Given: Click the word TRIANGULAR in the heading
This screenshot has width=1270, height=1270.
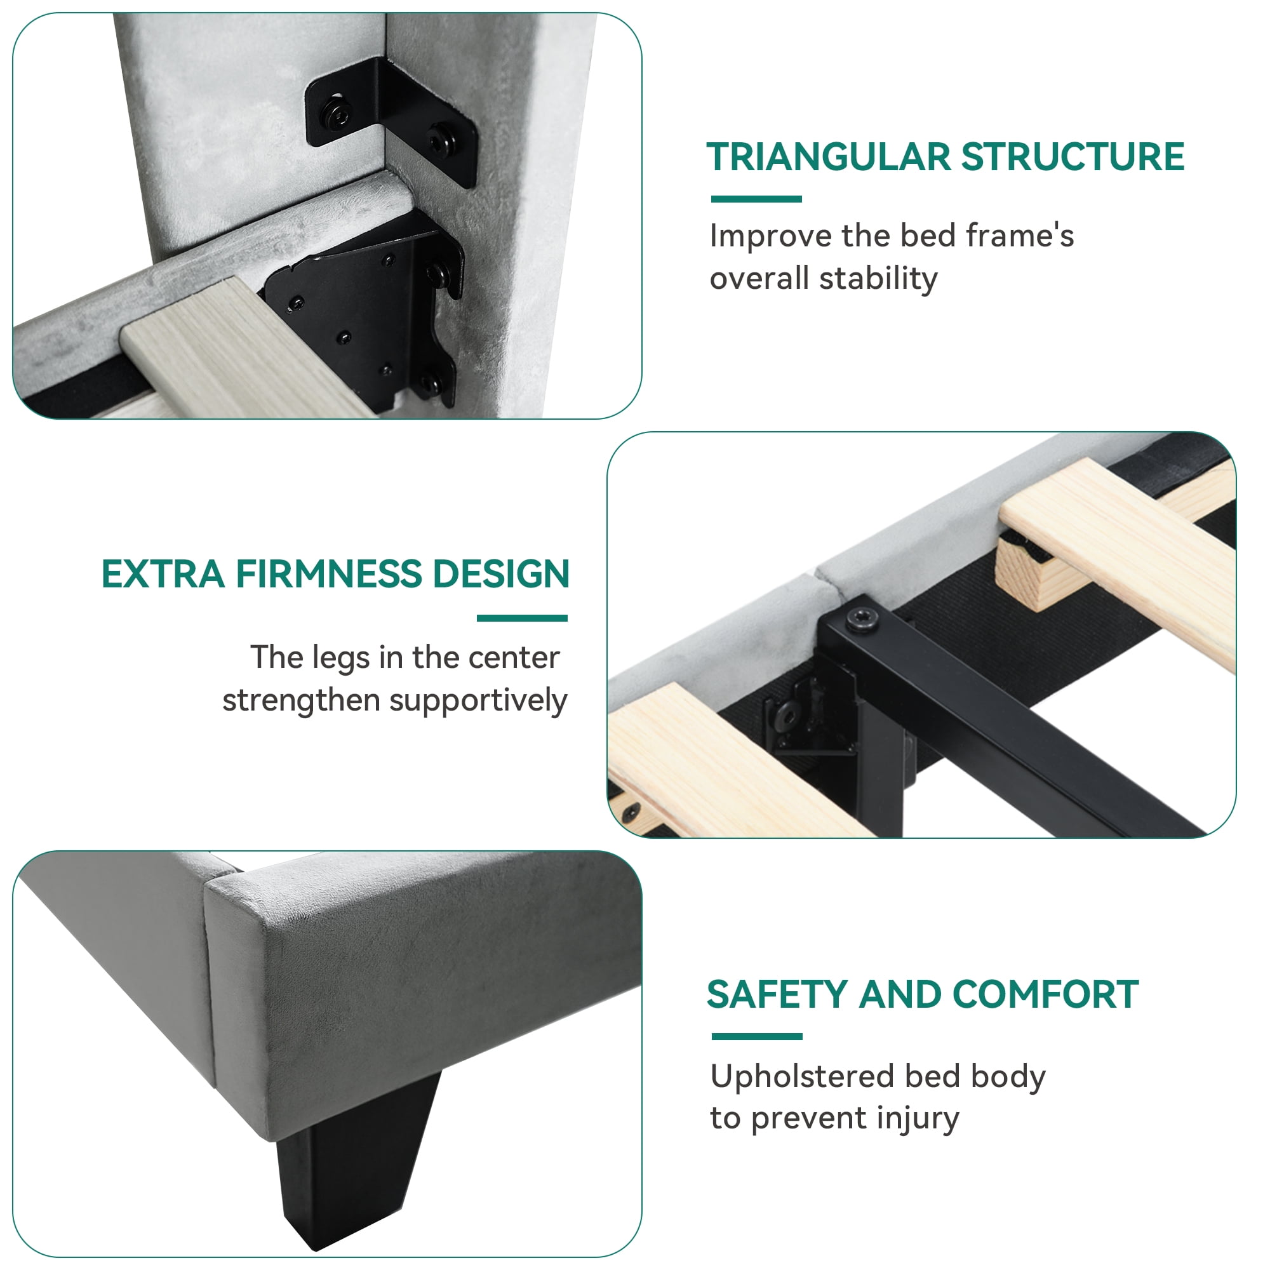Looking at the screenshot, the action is (828, 157).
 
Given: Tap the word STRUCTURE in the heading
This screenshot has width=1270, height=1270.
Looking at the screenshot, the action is (1073, 157).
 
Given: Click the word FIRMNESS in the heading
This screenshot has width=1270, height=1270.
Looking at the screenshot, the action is (330, 574).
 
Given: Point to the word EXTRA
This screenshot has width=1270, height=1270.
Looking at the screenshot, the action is (164, 574).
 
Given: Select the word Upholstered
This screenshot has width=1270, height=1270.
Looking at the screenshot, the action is (803, 1077).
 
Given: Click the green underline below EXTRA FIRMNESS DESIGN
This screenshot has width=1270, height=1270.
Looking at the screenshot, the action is (522, 618).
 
